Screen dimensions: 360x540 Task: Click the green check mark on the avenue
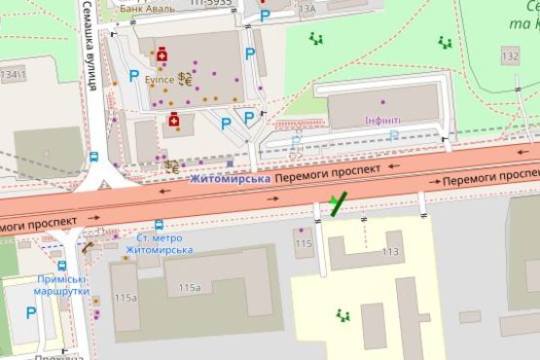337,203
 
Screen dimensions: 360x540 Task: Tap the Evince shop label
160,80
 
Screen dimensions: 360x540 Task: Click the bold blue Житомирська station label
230,179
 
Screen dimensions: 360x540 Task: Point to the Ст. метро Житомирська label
164,243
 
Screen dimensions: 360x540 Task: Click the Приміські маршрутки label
61,284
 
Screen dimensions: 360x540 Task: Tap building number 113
390,251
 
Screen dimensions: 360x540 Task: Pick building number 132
511,57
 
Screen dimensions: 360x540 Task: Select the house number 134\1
15,73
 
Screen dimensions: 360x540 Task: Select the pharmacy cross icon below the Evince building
174,120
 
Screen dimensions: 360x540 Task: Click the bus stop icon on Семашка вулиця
93,156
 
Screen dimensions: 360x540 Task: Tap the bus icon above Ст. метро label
159,223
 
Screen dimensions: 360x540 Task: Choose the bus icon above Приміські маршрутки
61,265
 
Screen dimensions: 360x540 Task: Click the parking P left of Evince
134,75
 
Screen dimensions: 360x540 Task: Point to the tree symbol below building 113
342,314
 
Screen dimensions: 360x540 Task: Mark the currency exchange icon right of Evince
183,78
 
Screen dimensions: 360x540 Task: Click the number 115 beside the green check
304,243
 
